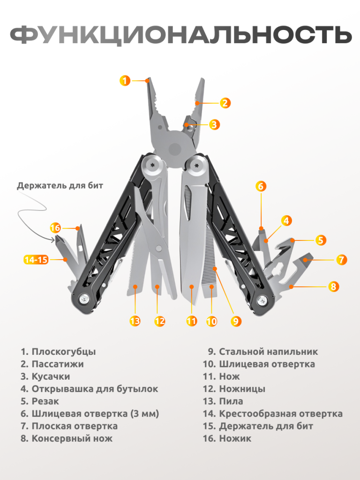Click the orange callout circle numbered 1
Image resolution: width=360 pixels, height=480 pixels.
click(x=125, y=81)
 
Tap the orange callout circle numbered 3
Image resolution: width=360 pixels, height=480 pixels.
click(x=214, y=124)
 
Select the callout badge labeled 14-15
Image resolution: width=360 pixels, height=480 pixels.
click(x=37, y=260)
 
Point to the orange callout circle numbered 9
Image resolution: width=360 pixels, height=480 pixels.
click(x=236, y=321)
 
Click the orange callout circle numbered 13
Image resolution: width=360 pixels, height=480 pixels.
click(x=135, y=321)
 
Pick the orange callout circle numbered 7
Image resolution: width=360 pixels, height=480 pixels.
click(x=341, y=260)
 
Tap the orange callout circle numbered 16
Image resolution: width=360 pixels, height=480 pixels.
click(x=55, y=228)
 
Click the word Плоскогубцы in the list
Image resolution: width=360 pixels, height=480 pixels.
click(x=64, y=352)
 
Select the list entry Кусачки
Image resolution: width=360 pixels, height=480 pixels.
click(x=51, y=376)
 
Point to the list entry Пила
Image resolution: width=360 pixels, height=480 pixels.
click(x=231, y=401)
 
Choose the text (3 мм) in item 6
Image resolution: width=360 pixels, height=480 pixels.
click(x=145, y=414)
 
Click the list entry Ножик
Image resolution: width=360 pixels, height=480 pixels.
click(x=235, y=438)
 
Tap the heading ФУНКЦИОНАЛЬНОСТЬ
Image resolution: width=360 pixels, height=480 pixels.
click(x=180, y=34)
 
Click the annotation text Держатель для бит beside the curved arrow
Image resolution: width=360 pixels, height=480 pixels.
click(x=60, y=186)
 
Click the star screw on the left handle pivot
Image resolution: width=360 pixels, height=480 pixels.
click(x=152, y=165)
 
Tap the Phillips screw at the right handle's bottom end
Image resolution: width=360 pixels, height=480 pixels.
click(x=262, y=300)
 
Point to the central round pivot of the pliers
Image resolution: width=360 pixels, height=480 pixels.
click(x=175, y=149)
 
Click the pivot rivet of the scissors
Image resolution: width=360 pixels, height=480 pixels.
click(x=158, y=247)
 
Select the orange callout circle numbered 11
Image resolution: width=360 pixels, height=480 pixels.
click(x=192, y=321)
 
